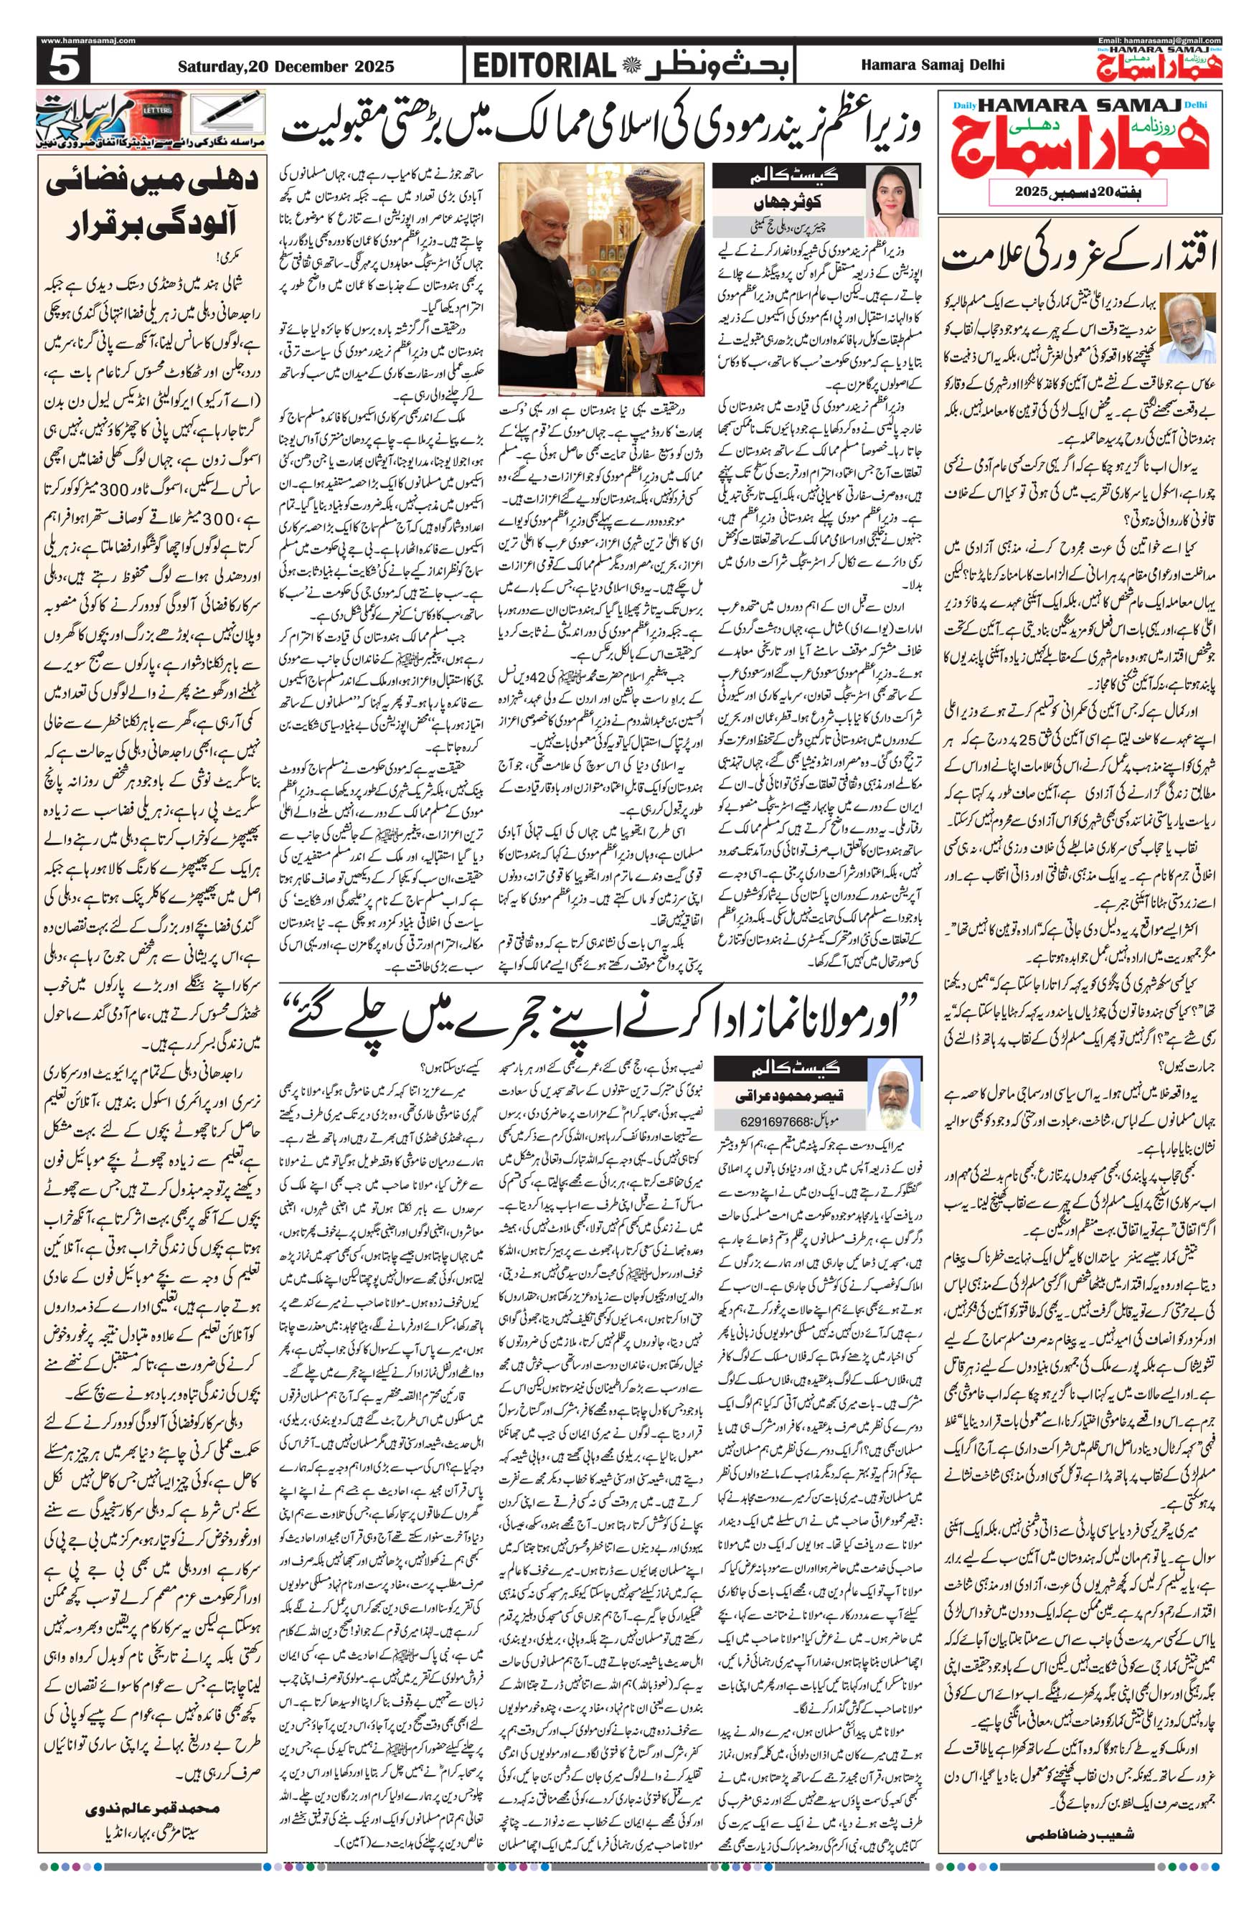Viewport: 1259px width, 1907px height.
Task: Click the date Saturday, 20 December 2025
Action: pyautogui.click(x=286, y=67)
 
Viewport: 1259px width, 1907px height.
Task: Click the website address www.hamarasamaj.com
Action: pyautogui.click(x=87, y=40)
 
